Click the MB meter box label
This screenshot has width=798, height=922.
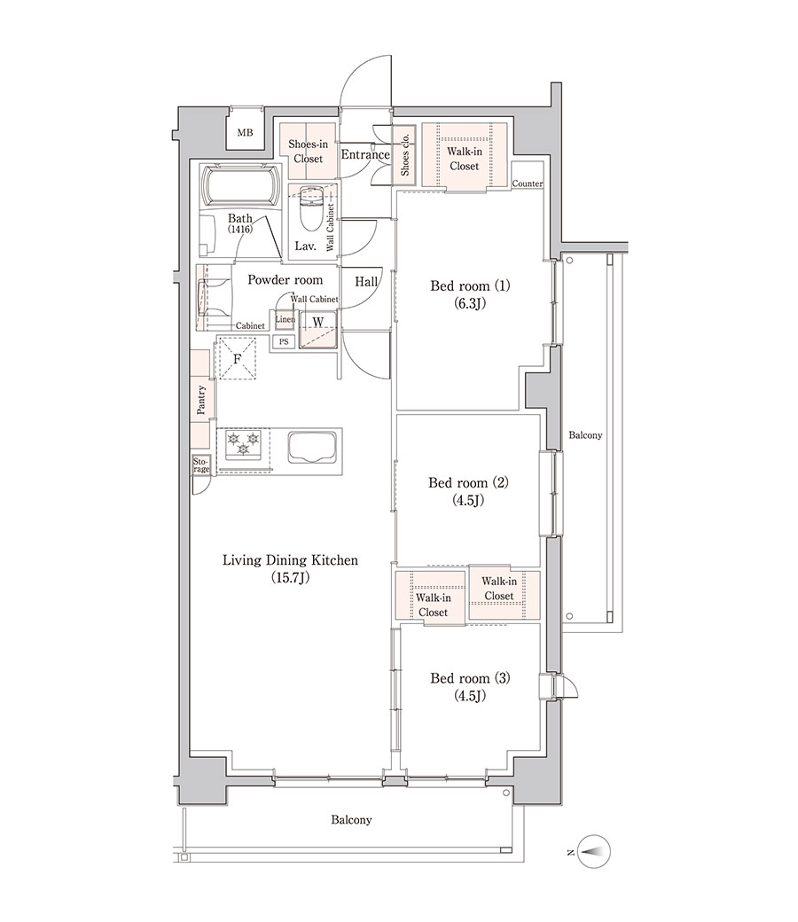[245, 133]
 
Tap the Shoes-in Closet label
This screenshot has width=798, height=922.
[309, 151]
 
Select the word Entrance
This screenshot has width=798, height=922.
[365, 154]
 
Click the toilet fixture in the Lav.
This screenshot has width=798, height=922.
[309, 209]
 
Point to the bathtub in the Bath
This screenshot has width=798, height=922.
[240, 185]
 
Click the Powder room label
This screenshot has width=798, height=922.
[286, 280]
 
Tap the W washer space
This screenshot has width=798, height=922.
[317, 328]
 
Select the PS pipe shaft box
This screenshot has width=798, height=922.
[284, 341]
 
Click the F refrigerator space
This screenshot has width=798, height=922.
[237, 358]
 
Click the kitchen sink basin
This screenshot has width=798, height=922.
[314, 448]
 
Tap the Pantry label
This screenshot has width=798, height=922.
[201, 400]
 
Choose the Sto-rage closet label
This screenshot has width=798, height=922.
[201, 465]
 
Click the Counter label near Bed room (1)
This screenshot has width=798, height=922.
[527, 184]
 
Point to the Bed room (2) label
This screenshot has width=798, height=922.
[468, 483]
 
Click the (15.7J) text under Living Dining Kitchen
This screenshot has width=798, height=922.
[290, 578]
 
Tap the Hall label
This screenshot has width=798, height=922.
[366, 282]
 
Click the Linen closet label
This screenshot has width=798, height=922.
[286, 319]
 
